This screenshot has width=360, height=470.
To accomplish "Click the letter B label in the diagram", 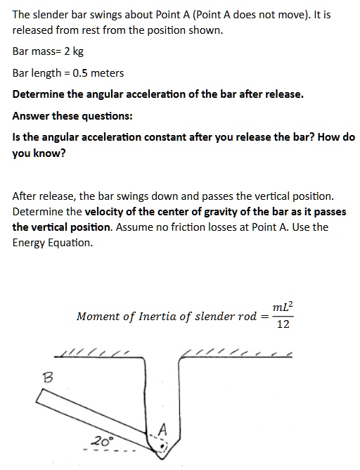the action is pos(49,379).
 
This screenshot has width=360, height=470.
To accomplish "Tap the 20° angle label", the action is pos(101,441).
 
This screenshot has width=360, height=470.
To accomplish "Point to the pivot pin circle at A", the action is pos(161,445).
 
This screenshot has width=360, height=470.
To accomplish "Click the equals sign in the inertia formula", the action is pos(265,317).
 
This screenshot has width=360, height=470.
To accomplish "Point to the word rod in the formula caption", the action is pos(247,317).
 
